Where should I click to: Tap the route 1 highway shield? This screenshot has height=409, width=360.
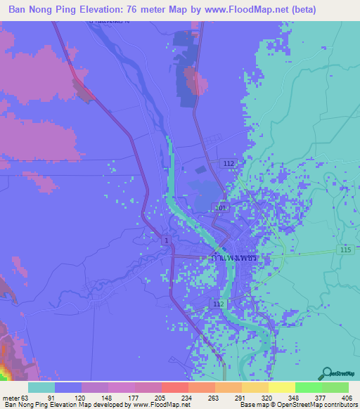(165, 241)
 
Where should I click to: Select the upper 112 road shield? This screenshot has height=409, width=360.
(229, 163)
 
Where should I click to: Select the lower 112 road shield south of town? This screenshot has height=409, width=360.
(218, 304)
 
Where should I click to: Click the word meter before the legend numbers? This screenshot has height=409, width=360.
(10, 397)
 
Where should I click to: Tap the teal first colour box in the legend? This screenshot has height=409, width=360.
(41, 387)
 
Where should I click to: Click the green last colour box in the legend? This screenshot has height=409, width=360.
(335, 387)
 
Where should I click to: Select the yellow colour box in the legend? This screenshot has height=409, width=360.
(282, 387)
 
